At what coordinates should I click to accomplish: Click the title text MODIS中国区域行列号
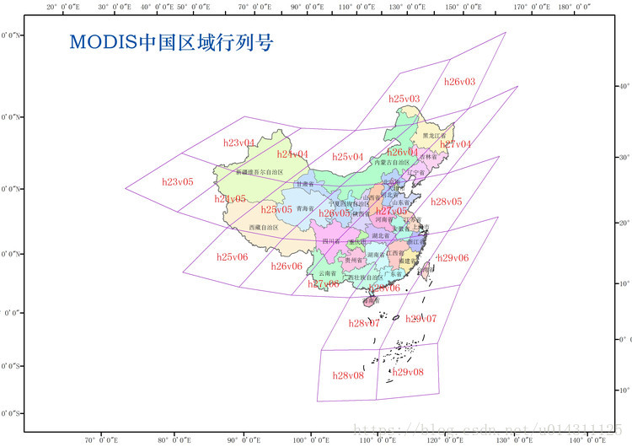pyautogui.click(x=171, y=42)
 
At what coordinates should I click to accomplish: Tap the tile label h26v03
pyautogui.click(x=459, y=82)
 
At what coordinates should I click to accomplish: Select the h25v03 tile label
pyautogui.click(x=404, y=99)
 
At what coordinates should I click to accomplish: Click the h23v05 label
pyautogui.click(x=178, y=181)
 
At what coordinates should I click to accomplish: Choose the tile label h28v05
pyautogui.click(x=446, y=202)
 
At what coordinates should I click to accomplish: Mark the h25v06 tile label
pyautogui.click(x=232, y=256)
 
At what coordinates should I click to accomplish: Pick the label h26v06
pyautogui.click(x=287, y=266)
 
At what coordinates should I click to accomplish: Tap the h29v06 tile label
pyautogui.click(x=453, y=257)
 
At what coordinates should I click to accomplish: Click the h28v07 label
pyautogui.click(x=364, y=323)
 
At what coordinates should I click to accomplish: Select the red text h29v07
pyautogui.click(x=420, y=318)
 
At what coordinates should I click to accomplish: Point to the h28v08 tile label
pyautogui.click(x=348, y=375)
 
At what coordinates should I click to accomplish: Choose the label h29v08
pyautogui.click(x=408, y=372)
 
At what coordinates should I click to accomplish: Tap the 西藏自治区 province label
pyautogui.click(x=264, y=228)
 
